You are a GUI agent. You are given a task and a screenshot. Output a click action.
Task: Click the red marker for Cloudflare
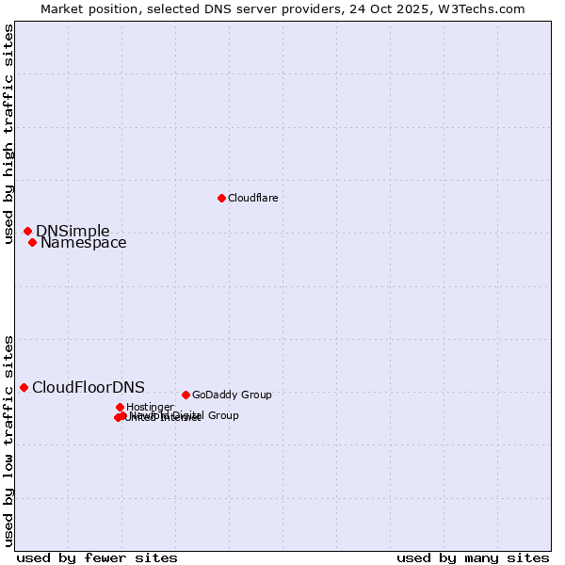(221, 198)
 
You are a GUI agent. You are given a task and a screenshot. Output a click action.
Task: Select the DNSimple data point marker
(27, 231)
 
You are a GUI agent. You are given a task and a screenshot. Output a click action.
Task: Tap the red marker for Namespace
(32, 242)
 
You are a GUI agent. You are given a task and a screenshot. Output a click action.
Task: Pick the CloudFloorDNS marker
(24, 387)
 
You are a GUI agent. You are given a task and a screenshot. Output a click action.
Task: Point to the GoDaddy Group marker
(186, 395)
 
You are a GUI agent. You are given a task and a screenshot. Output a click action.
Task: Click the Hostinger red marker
(120, 407)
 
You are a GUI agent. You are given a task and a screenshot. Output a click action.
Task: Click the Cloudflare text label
(252, 198)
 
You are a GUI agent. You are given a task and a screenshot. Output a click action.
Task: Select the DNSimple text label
(73, 232)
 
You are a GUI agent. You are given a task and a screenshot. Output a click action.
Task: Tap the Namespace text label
(83, 243)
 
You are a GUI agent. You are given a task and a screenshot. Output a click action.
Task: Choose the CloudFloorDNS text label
(89, 388)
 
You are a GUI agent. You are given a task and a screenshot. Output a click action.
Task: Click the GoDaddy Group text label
(232, 395)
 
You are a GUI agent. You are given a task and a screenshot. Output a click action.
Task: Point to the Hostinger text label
(150, 407)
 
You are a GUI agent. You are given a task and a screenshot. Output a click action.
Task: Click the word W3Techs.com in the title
(484, 9)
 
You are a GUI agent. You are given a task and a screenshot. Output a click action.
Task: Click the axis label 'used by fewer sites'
(97, 557)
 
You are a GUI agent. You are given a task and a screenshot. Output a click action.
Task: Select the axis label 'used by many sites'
(473, 557)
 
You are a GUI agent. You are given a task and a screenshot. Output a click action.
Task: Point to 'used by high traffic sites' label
(9, 134)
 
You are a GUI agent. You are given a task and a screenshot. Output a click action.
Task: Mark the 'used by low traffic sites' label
(9, 441)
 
